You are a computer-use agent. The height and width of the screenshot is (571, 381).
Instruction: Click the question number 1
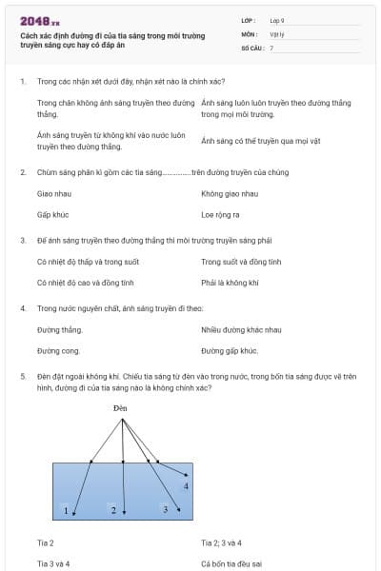click(22, 82)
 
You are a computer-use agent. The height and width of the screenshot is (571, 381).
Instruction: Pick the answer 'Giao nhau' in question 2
click(53, 193)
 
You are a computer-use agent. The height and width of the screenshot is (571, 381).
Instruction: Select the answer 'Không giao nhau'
click(230, 193)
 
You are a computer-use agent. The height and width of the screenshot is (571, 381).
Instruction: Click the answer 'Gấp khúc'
click(52, 214)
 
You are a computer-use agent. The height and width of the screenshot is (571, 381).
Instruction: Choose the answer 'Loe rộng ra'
click(220, 214)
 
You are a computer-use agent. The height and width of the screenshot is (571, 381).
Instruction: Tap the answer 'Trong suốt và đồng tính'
click(241, 261)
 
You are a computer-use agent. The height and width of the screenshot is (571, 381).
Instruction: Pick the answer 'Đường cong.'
click(59, 350)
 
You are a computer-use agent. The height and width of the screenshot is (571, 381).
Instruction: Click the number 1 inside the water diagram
click(66, 511)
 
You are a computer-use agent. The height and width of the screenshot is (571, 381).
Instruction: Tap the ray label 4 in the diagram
click(186, 486)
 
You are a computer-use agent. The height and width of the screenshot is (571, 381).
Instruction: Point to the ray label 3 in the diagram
click(165, 510)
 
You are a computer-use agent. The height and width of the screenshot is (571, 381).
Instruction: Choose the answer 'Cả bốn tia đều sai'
click(232, 563)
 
